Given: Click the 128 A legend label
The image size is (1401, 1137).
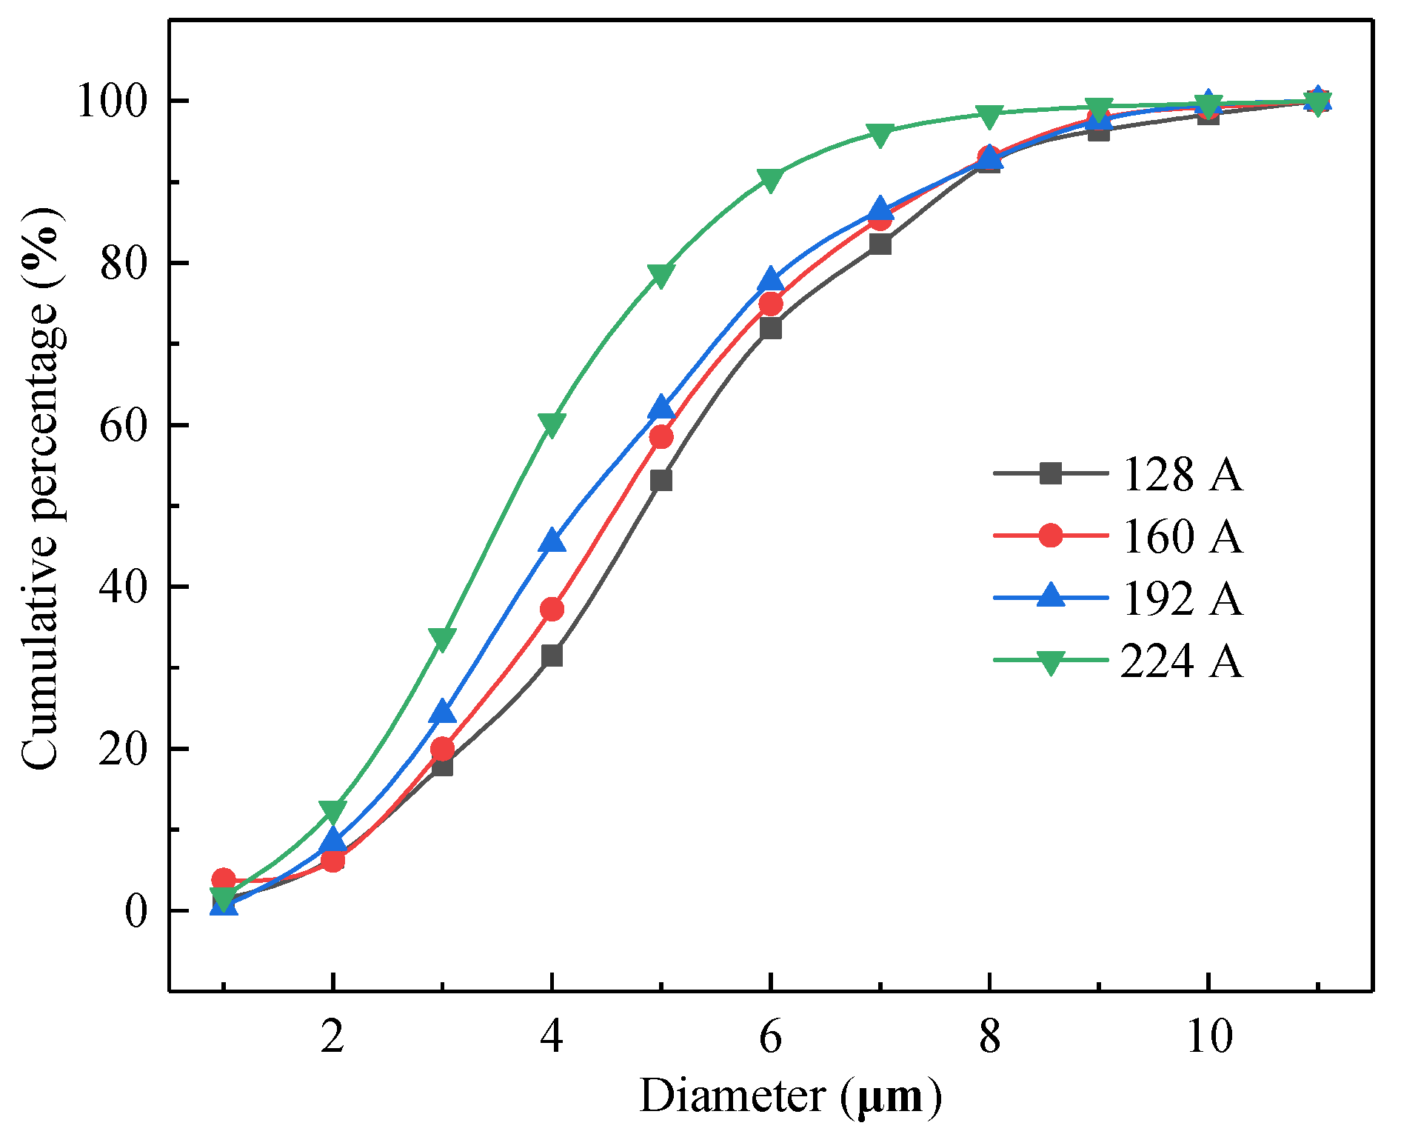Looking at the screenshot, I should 1181,474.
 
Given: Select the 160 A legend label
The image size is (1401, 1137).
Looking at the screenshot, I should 1181,536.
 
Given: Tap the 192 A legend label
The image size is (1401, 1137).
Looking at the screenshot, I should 1181,598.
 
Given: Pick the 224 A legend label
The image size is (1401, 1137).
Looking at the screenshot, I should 1181,660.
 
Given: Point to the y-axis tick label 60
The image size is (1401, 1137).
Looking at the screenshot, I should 123,425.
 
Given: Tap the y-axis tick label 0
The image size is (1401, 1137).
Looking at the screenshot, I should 136,911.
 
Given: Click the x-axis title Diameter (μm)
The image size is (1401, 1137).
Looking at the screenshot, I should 790,1096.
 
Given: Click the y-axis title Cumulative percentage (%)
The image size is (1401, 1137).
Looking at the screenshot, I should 41,489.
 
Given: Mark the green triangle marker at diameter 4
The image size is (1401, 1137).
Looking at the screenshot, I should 552,424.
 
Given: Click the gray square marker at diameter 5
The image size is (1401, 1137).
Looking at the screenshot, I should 661,481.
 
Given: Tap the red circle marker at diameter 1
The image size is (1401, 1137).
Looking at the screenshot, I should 224,880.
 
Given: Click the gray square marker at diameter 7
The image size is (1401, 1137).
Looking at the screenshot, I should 880,244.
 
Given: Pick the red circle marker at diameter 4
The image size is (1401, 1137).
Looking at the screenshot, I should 552,610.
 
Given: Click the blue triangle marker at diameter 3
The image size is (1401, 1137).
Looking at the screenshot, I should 443,712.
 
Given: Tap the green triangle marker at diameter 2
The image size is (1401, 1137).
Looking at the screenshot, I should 333,810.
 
